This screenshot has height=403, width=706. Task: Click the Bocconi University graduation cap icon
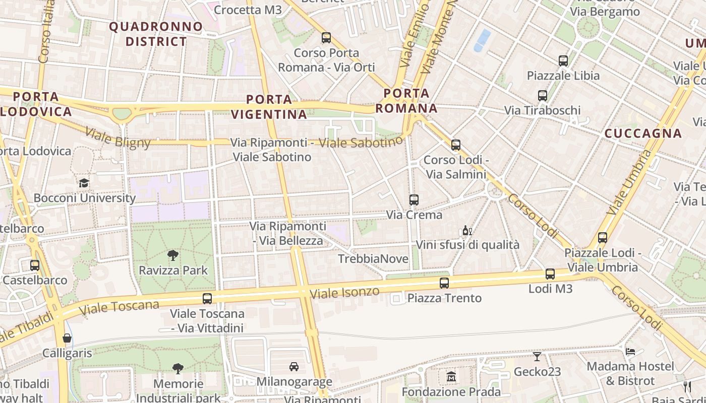tap(84, 183)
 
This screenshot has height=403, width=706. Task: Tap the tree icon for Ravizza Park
tap(173, 255)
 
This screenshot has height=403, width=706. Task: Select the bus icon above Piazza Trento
tap(444, 283)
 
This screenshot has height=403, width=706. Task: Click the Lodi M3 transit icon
tap(550, 274)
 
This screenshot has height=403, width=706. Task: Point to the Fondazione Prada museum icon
tap(451, 376)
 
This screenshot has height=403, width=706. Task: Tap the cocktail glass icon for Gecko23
tap(537, 357)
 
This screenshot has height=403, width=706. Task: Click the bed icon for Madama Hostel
tap(630, 351)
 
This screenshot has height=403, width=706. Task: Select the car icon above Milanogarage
tap(294, 367)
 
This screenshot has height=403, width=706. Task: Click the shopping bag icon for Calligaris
tap(67, 338)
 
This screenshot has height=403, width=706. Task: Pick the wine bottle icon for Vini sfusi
tap(467, 231)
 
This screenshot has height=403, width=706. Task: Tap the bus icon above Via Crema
tap(414, 200)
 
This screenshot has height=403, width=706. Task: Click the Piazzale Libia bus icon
tap(563, 61)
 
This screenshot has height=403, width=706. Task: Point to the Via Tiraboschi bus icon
tap(543, 95)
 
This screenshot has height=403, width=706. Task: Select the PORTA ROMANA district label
tap(406, 101)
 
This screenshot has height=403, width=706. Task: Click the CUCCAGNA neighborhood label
tap(643, 133)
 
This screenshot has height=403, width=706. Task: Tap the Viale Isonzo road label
tap(344, 292)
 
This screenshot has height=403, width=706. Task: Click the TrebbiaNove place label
tap(373, 259)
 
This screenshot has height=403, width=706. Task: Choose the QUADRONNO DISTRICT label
tap(156, 34)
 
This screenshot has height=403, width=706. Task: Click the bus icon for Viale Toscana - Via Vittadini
tap(207, 298)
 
